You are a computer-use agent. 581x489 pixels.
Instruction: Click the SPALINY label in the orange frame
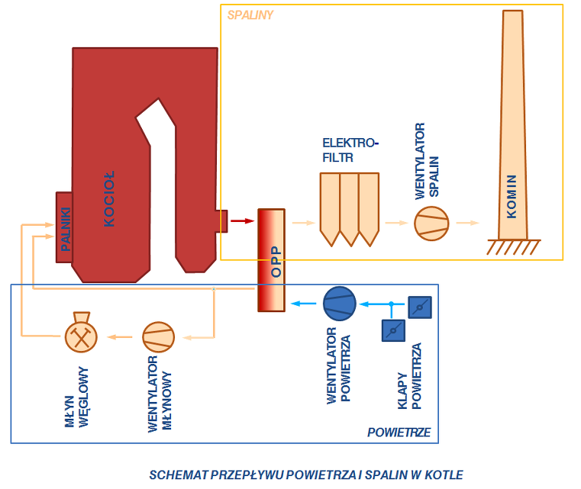(250, 14)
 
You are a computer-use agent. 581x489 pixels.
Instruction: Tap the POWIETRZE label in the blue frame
(399, 433)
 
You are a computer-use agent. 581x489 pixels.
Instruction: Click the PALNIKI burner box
(64, 227)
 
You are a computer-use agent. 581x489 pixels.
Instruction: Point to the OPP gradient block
(272, 259)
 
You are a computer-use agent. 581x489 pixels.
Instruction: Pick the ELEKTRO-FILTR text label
(350, 149)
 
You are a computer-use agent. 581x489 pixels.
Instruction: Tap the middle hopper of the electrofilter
(349, 207)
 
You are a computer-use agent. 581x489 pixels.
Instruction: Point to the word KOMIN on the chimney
(512, 197)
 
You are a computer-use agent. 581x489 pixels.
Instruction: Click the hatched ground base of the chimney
(514, 246)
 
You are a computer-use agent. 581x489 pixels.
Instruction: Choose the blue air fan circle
(339, 304)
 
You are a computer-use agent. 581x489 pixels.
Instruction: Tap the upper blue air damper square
(420, 307)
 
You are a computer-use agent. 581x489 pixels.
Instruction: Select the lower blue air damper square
(392, 330)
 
